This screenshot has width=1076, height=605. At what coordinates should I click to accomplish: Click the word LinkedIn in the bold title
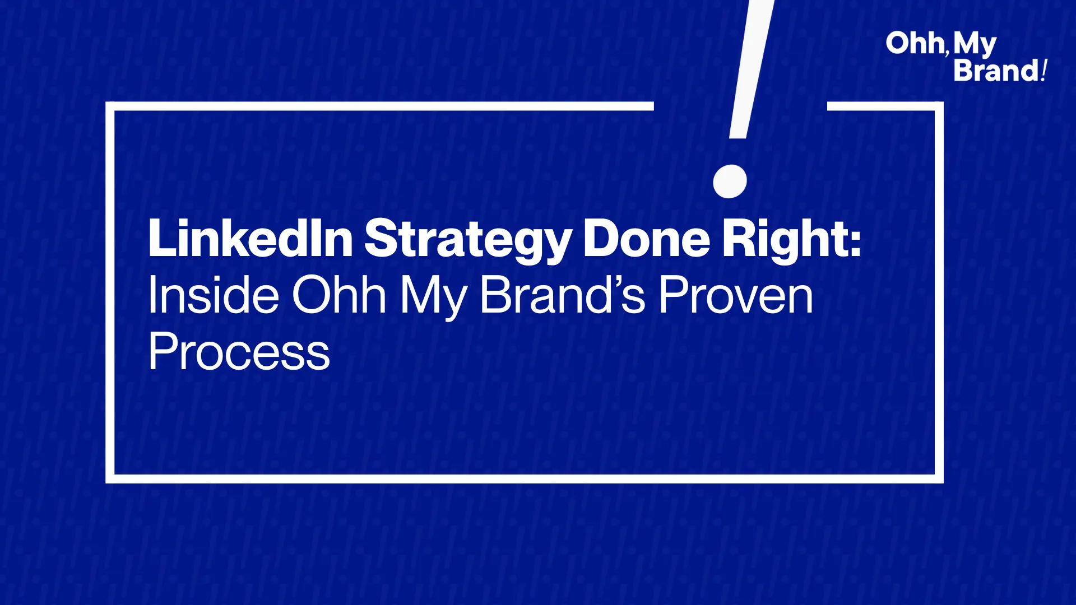(x=251, y=238)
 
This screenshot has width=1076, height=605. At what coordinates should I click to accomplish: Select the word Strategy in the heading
(x=469, y=240)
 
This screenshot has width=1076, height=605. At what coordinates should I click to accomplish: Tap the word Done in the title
(x=647, y=238)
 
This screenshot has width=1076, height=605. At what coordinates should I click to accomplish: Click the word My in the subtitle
(x=433, y=297)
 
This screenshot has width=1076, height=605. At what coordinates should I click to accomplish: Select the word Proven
(x=735, y=295)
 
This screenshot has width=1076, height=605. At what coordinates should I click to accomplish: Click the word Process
(x=239, y=351)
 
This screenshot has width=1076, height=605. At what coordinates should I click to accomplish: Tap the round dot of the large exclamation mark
(x=730, y=181)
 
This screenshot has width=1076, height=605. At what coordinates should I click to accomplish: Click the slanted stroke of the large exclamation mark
(x=752, y=69)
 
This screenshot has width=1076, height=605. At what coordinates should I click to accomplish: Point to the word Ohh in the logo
(x=915, y=44)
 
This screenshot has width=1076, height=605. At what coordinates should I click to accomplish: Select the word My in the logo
(x=975, y=45)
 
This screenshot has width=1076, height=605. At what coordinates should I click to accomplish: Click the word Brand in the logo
(x=996, y=71)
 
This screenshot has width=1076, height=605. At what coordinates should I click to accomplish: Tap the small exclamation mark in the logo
(x=1044, y=71)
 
